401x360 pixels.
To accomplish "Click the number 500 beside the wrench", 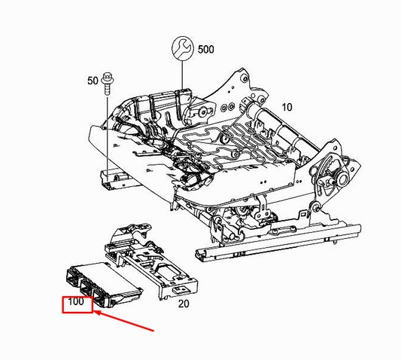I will click(206, 49).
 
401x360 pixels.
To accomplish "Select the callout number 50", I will click(93, 80).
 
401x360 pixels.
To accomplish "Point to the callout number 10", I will click(286, 106).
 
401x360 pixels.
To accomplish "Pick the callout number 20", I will click(183, 304).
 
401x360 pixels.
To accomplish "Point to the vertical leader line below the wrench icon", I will click(182, 73).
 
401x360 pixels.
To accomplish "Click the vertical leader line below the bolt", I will click(107, 128).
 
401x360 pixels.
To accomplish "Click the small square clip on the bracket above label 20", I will click(179, 288).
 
